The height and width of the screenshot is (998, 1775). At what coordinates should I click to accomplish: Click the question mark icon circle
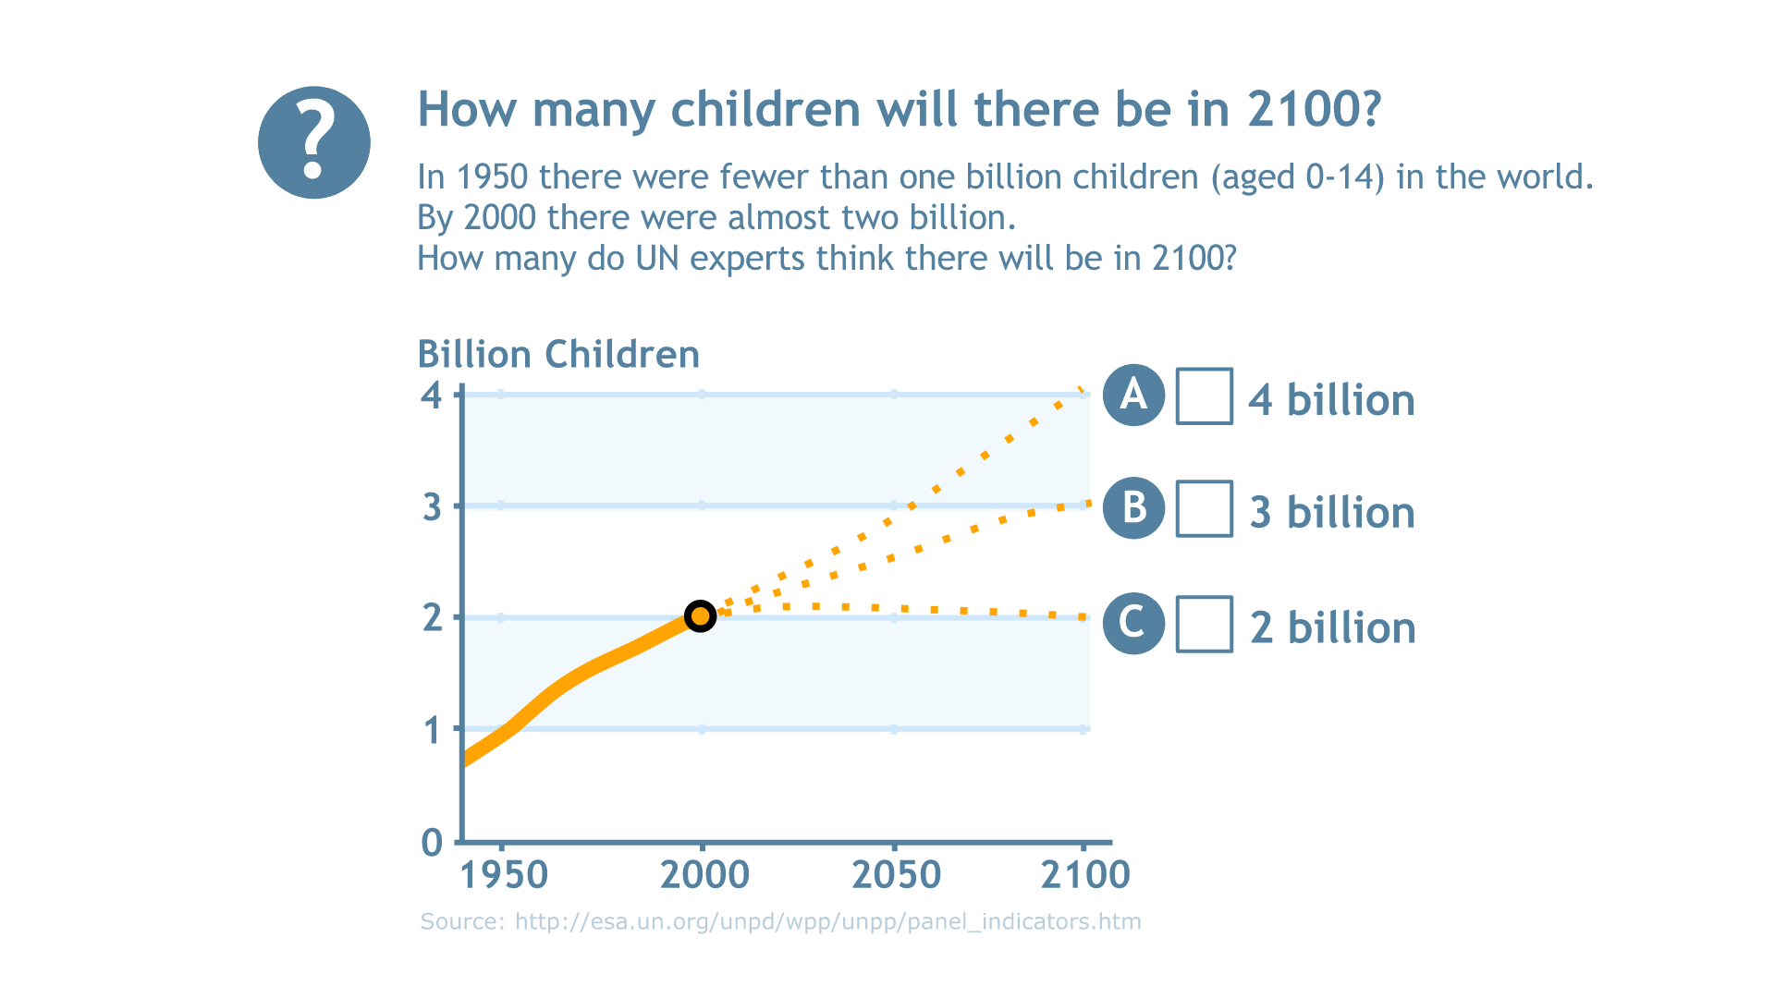[x=314, y=142]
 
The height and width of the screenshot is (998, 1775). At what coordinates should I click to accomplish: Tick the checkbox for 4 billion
[x=1204, y=396]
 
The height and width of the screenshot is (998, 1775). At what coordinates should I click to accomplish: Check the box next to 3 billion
[x=1204, y=508]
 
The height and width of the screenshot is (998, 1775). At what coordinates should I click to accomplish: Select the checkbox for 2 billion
[x=1204, y=625]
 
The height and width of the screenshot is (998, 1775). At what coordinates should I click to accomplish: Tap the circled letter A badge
[x=1133, y=395]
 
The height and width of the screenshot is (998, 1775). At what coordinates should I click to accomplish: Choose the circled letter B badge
[x=1133, y=508]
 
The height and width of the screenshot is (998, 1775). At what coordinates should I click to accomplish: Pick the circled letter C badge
[x=1133, y=623]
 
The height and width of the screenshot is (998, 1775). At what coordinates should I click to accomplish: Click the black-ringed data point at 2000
[x=701, y=615]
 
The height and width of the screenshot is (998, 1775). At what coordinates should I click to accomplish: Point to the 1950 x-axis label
[x=504, y=875]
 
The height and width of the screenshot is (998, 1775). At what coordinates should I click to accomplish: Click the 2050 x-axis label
[x=896, y=875]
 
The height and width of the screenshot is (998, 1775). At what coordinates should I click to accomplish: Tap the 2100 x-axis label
[x=1085, y=875]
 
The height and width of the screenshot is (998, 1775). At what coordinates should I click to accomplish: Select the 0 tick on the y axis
[x=432, y=843]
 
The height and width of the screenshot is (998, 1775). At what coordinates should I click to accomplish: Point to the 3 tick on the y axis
[x=432, y=507]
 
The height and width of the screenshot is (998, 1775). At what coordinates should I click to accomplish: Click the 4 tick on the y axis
[x=432, y=396]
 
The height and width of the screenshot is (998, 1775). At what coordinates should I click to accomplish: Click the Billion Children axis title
[x=558, y=355]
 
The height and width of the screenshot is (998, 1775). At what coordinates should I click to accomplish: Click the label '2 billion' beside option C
[x=1332, y=627]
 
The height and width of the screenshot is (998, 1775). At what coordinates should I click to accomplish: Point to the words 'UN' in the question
[x=657, y=259]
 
